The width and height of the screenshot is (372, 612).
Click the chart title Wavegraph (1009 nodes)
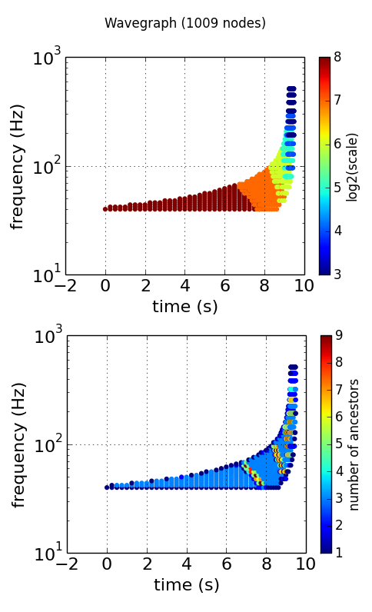[x=185, y=23]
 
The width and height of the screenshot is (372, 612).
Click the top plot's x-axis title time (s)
[x=184, y=306]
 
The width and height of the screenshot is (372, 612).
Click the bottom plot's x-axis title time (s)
[x=184, y=585]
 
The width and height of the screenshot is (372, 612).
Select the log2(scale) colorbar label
[x=353, y=166]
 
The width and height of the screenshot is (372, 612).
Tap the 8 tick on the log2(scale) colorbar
[x=338, y=58]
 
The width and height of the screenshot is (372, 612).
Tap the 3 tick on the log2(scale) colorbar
[x=338, y=274]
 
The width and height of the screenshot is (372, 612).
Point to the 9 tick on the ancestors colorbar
[x=338, y=336]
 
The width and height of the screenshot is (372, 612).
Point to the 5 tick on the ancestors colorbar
[x=338, y=444]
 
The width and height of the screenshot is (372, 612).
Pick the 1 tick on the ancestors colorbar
[x=338, y=553]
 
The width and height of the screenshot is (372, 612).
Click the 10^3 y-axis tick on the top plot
[x=47, y=58]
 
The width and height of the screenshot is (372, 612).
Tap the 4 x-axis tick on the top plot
[x=185, y=287]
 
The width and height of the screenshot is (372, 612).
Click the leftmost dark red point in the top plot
[x=105, y=208]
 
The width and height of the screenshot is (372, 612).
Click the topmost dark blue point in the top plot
[x=291, y=89]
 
